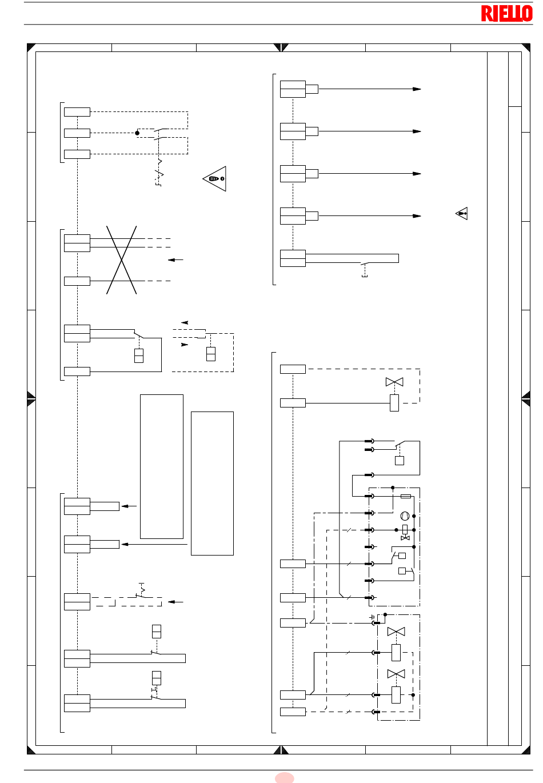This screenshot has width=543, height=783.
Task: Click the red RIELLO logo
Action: pyautogui.click(x=506, y=14)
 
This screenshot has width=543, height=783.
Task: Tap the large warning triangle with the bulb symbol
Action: pyautogui.click(x=214, y=179)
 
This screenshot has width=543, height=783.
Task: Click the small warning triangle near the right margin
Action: pyautogui.click(x=461, y=213)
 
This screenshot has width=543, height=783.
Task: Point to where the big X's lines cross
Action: pyautogui.click(x=121, y=259)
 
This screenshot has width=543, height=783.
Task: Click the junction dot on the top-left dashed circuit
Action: pyautogui.click(x=137, y=133)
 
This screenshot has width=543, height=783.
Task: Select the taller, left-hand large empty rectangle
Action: pyautogui.click(x=162, y=466)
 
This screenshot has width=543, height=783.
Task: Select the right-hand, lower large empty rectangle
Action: pyautogui.click(x=212, y=483)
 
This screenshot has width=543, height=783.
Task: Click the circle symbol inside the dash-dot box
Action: pyautogui.click(x=405, y=516)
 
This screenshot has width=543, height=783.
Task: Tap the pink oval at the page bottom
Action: pyautogui.click(x=284, y=777)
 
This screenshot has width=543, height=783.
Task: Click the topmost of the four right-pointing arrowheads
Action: pyautogui.click(x=417, y=89)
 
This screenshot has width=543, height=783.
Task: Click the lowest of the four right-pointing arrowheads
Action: pyautogui.click(x=417, y=216)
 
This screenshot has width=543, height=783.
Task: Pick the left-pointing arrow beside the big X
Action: pyautogui.click(x=175, y=259)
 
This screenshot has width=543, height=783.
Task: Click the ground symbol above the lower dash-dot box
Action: pyautogui.click(x=372, y=617)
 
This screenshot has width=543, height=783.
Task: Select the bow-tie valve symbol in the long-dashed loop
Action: pyautogui.click(x=394, y=382)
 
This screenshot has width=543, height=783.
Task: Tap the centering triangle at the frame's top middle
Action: pyautogui.click(x=281, y=47)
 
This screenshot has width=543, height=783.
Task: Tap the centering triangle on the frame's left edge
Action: pyautogui.click(x=31, y=398)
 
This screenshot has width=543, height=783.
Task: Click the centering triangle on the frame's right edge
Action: pyautogui.click(x=525, y=398)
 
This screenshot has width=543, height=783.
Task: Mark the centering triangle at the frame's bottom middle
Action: pyautogui.click(x=281, y=749)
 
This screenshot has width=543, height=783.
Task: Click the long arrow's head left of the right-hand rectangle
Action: pyautogui.click(x=125, y=544)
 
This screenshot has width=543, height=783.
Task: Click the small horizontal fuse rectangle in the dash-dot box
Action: pyautogui.click(x=405, y=496)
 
